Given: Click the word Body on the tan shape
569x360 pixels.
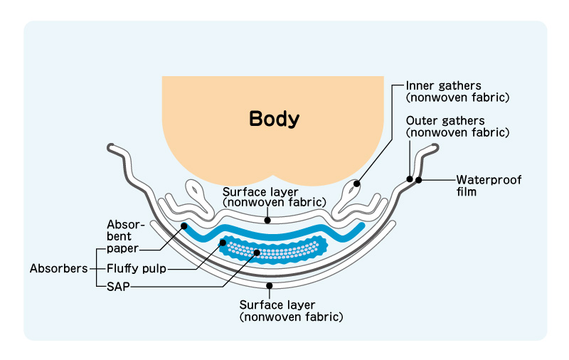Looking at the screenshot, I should tap(274, 119).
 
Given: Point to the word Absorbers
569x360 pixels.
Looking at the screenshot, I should tap(58, 269).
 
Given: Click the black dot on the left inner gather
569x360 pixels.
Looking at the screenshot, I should tap(356, 183).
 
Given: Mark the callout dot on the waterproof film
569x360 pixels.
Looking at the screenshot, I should tap(419, 180).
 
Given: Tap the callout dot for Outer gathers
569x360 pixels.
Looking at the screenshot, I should tap(410, 179).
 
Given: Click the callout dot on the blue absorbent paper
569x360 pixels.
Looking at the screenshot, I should tap(184, 226).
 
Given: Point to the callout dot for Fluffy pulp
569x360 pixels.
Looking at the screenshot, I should tap(223, 243).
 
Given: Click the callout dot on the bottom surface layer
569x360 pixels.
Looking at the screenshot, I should tap(270, 285).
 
